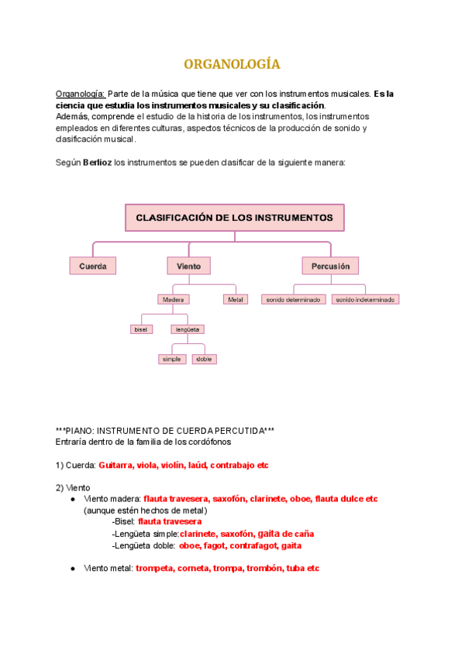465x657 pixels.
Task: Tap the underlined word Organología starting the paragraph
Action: pos(81,94)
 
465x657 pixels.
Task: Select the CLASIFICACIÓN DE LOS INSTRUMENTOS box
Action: pos(234,218)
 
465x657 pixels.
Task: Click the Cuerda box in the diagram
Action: pos(93,266)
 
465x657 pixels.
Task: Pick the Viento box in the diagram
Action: pos(188,266)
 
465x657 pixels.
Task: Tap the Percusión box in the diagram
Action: pos(330,266)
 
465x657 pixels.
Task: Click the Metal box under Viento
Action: pos(235,299)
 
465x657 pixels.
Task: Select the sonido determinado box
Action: pos(293,299)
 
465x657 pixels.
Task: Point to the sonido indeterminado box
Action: pos(365,299)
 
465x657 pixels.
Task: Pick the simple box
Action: pos(171,359)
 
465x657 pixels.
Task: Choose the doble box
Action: pos(205,359)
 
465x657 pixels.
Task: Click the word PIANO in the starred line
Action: pos(82,430)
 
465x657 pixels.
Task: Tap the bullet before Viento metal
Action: pos(72,568)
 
